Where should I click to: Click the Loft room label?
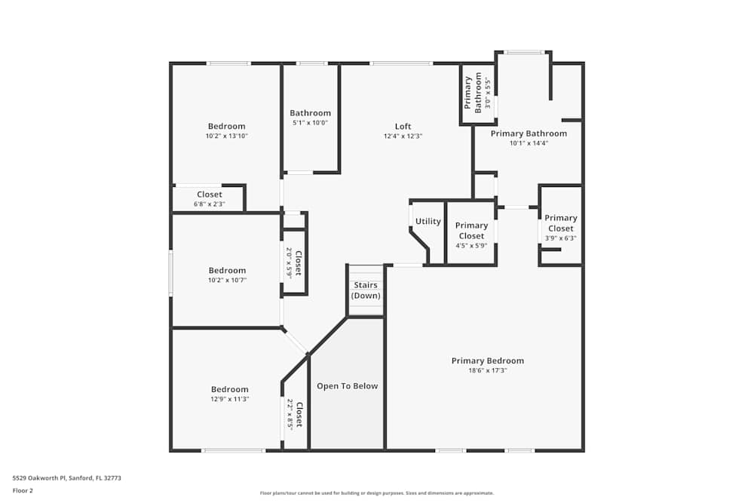pyautogui.click(x=403, y=126)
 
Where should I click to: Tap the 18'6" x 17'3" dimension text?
pyautogui.click(x=487, y=370)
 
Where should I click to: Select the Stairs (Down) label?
pyautogui.click(x=366, y=290)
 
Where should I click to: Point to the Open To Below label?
pyautogui.click(x=347, y=386)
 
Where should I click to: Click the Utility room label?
pyautogui.click(x=428, y=222)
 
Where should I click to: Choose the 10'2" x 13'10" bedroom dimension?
pyautogui.click(x=226, y=136)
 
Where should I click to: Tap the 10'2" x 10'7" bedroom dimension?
pyautogui.click(x=226, y=280)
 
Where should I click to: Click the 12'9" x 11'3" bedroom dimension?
pyautogui.click(x=229, y=399)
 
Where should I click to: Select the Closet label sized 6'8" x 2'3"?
pyautogui.click(x=209, y=195)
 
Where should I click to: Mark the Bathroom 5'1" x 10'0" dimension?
pyautogui.click(x=310, y=123)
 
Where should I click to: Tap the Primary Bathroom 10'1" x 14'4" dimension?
pyautogui.click(x=528, y=143)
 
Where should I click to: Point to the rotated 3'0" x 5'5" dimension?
pyautogui.click(x=488, y=94)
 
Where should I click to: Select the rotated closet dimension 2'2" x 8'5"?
pyautogui.click(x=289, y=414)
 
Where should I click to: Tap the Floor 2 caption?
pyautogui.click(x=23, y=490)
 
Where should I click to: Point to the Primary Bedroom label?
pyautogui.click(x=487, y=360)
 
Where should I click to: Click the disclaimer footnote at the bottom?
pyautogui.click(x=376, y=493)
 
